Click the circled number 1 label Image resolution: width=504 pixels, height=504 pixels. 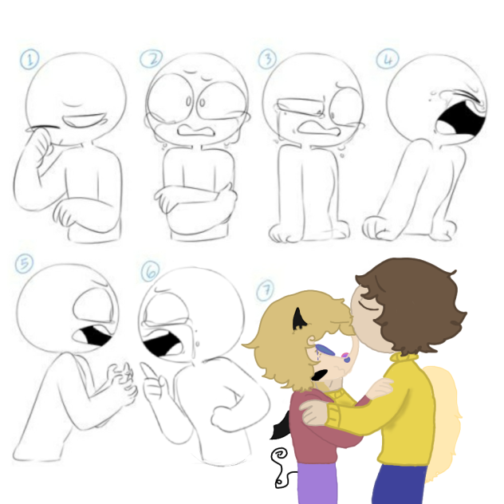[x=30, y=60]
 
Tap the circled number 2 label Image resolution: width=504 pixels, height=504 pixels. [x=151, y=59]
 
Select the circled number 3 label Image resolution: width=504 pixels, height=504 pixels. [x=267, y=59]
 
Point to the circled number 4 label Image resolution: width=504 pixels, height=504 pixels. [x=388, y=58]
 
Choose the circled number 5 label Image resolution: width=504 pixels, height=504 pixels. [x=24, y=264]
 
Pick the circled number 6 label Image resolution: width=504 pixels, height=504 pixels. [x=150, y=271]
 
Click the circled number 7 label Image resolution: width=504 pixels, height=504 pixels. [x=266, y=290]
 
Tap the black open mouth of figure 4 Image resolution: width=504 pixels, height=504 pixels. [x=463, y=119]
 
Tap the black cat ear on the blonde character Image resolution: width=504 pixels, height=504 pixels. [x=298, y=320]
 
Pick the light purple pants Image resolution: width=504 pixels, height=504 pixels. [x=317, y=483]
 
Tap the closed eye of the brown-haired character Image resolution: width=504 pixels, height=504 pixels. [x=368, y=305]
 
